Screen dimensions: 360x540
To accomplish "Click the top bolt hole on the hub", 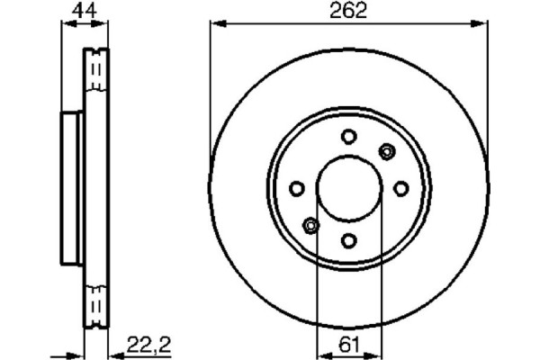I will point(349,136).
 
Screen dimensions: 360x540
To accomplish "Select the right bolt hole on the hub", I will point(401,188).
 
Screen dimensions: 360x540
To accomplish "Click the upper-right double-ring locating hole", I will point(387,150).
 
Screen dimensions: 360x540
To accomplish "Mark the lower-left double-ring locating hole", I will point(311,225).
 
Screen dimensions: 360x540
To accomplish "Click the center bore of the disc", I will point(349,188).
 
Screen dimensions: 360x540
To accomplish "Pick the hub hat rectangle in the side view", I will point(72,188).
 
